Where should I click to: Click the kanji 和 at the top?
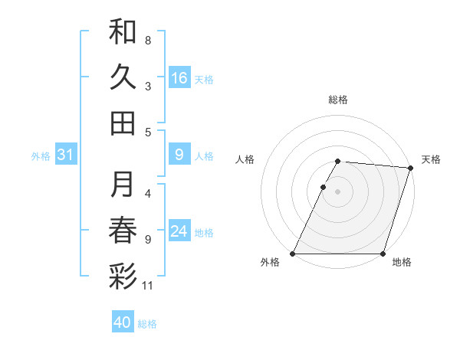pyautogui.click(x=123, y=32)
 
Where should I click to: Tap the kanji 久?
pyautogui.click(x=123, y=77)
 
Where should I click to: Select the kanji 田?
pyautogui.click(x=123, y=123)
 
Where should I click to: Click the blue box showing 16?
pyautogui.click(x=179, y=78)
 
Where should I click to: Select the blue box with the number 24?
pyautogui.click(x=179, y=232)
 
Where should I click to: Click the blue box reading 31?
pyautogui.click(x=65, y=155)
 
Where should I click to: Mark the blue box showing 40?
pyautogui.click(x=123, y=322)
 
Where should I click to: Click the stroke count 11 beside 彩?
pyautogui.click(x=148, y=286)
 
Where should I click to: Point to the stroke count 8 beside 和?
pyautogui.click(x=148, y=40)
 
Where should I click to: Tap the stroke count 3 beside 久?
pyautogui.click(x=148, y=86)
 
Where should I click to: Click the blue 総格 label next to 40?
pyautogui.click(x=147, y=324)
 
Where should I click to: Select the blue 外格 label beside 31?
pyautogui.click(x=41, y=156)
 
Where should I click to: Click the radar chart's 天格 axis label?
pyautogui.click(x=431, y=159)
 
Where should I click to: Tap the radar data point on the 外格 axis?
pyautogui.click(x=293, y=254)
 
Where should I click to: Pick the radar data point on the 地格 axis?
pyautogui.click(x=383, y=254)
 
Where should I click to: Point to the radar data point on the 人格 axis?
pyautogui.click(x=323, y=187)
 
